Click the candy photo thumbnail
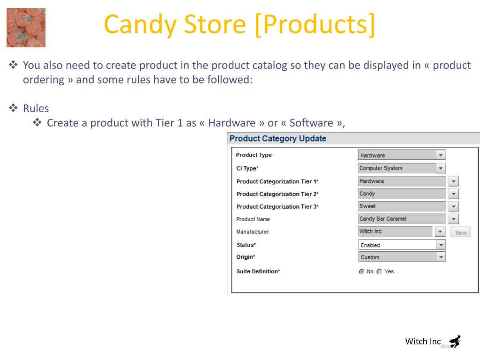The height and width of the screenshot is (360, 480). (26, 28)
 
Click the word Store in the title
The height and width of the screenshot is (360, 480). (215, 24)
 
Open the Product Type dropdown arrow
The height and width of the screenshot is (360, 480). (441, 155)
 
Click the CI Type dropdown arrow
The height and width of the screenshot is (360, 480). (441, 168)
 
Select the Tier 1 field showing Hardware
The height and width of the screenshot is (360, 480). (402, 181)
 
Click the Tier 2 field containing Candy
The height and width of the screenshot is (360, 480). (402, 194)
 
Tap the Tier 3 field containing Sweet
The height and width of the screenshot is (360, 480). (402, 206)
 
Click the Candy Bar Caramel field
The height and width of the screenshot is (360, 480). (402, 219)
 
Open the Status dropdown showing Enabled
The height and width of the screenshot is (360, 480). (402, 245)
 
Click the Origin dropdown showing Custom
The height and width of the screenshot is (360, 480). (402, 257)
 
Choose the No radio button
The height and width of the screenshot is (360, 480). (361, 271)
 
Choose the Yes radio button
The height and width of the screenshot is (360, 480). (379, 271)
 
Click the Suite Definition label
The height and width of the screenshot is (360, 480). (258, 271)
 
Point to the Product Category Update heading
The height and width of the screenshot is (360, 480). (278, 139)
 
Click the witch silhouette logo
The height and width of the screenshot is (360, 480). (455, 341)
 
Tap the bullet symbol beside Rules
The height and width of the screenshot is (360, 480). (13, 108)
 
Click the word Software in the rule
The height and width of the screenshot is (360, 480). (311, 123)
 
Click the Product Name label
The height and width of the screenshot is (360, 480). (253, 219)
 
